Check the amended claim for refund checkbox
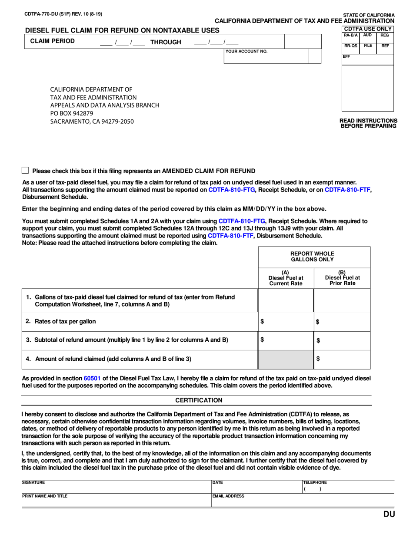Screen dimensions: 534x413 (x=25, y=171)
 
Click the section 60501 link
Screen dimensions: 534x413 (x=92, y=379)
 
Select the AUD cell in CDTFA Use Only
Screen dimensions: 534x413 (x=367, y=35)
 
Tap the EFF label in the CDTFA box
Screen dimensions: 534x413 (x=346, y=56)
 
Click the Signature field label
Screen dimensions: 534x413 (x=33, y=482)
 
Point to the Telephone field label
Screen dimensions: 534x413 (x=315, y=482)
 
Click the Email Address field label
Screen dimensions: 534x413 (x=228, y=496)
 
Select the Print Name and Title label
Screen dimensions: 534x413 (x=45, y=496)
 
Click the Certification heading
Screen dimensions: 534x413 (x=199, y=400)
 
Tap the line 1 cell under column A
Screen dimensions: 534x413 (x=286, y=300)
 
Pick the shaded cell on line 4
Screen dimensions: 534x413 (x=286, y=359)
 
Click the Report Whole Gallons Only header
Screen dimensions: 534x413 (x=314, y=257)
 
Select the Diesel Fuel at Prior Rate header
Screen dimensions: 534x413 (x=342, y=278)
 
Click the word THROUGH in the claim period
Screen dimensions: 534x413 (x=166, y=42)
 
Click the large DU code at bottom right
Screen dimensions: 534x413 (x=389, y=514)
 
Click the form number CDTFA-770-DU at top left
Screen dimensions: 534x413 (x=43, y=14)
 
